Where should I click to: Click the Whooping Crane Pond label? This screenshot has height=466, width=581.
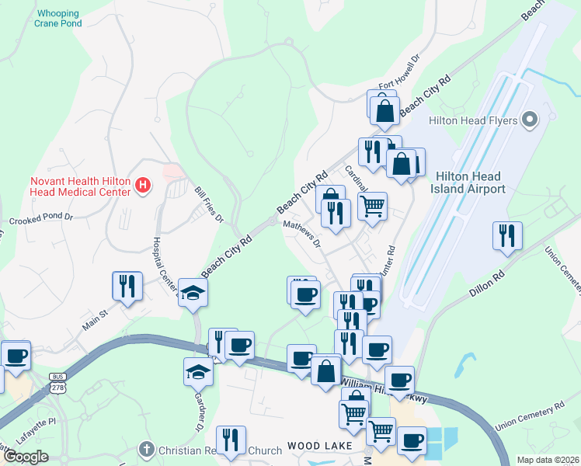(58, 19)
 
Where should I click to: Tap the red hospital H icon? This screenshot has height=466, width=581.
(143, 185)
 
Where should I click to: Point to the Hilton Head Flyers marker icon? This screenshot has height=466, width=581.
(531, 120)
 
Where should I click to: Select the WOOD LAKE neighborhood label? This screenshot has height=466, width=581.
(319, 446)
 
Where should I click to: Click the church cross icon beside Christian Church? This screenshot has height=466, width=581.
(146, 449)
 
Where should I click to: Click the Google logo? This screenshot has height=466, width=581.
(26, 457)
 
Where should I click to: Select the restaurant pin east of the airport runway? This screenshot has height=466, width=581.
(507, 236)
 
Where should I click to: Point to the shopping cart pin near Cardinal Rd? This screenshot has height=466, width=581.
(372, 207)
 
